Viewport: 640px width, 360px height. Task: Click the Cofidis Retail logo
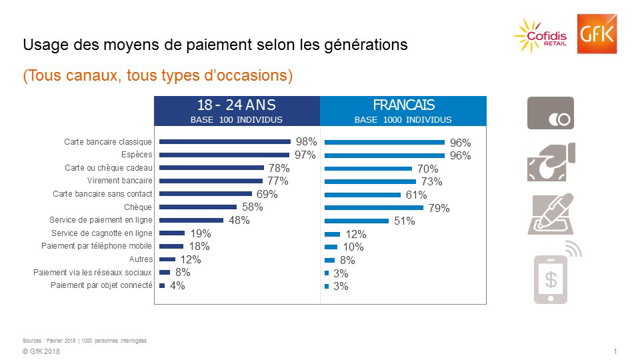click(541, 33)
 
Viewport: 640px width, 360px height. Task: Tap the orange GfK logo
click(597, 33)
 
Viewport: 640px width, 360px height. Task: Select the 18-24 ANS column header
click(237, 111)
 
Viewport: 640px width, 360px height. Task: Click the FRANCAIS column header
click(403, 111)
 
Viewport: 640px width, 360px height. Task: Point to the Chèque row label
click(138, 207)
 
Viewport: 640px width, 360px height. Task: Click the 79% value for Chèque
click(439, 208)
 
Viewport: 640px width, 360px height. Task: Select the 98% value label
click(306, 142)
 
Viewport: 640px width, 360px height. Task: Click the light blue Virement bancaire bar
click(370, 181)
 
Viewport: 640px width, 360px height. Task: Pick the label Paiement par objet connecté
click(101, 285)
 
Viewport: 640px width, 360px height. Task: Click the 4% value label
click(177, 286)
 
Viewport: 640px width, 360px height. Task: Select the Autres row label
click(141, 259)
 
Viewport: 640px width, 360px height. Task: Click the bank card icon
click(551, 113)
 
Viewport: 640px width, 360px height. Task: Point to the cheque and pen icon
click(551, 213)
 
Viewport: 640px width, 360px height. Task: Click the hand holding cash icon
click(551, 162)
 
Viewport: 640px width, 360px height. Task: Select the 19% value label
click(201, 233)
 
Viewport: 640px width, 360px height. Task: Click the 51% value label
click(404, 221)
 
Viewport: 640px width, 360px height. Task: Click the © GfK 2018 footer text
click(41, 352)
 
